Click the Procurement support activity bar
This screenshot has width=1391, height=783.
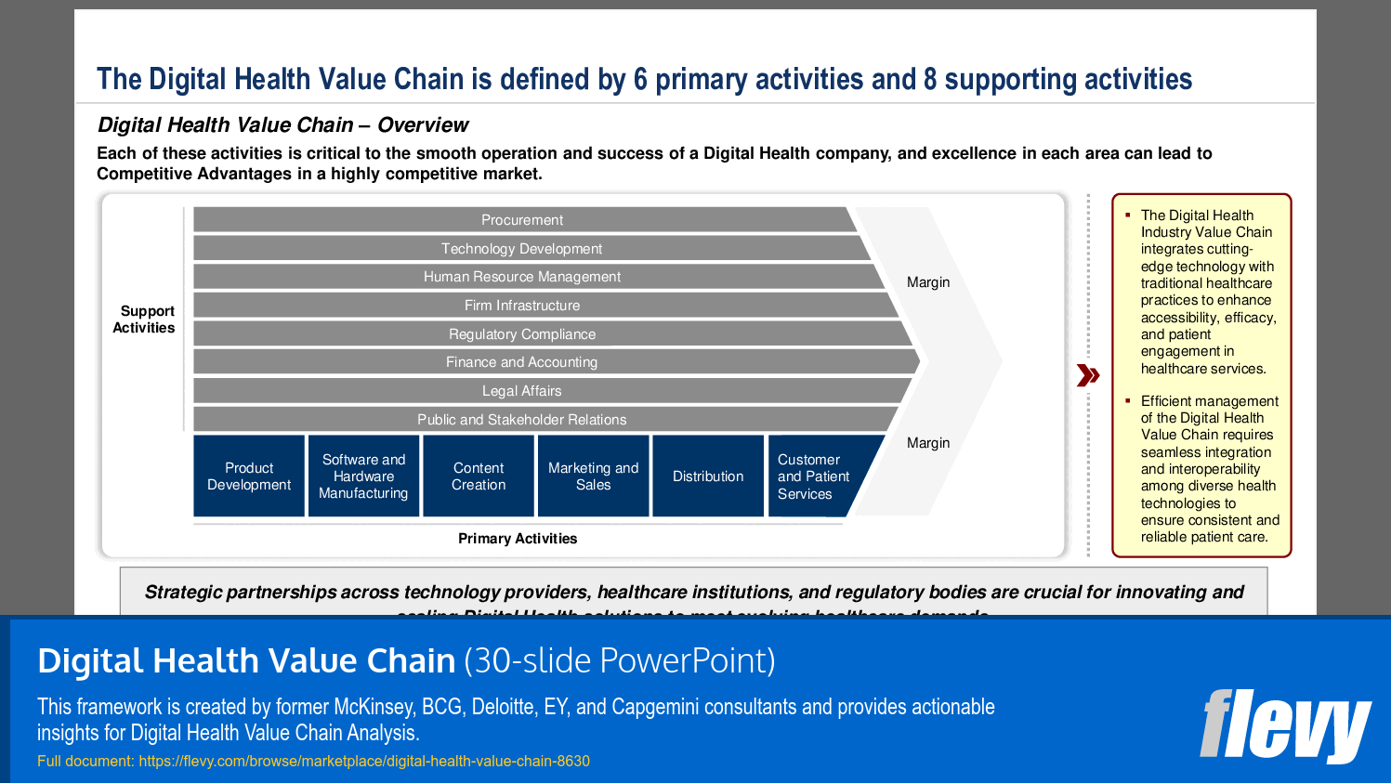coord(522,220)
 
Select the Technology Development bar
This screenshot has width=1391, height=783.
coord(522,249)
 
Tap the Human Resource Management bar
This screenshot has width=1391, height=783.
coord(522,277)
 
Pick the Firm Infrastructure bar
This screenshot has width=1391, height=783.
coord(522,306)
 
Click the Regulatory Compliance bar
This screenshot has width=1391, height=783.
coord(522,334)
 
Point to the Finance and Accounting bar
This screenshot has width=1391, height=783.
coord(522,362)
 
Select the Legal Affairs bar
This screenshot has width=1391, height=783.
coord(522,391)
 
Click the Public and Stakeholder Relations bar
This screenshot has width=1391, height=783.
coord(522,420)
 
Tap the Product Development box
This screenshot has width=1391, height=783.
coord(249,476)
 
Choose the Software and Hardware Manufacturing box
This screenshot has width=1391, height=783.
coord(363,476)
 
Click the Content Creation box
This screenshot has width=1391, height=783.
coord(479,476)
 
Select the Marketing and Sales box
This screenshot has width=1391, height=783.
coord(593,476)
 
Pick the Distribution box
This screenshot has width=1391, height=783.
coord(708,476)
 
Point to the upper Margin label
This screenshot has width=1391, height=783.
coord(928,282)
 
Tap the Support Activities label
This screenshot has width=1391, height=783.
coord(145,320)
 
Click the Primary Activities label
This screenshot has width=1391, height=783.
coord(518,539)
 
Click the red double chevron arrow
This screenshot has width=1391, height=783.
coord(1088,375)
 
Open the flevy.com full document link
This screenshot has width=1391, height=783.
coord(364,762)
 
